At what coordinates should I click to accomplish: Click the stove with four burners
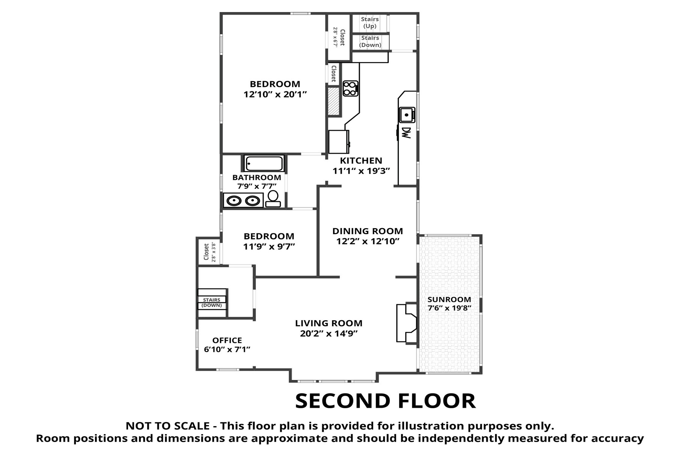coord(350,89)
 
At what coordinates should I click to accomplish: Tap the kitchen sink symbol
coord(407,115)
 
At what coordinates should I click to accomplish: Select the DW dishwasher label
coord(406,132)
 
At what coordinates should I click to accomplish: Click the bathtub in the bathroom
coord(264,163)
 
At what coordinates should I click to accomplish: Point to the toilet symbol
coord(273,199)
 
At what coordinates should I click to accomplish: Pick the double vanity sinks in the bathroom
coord(243,200)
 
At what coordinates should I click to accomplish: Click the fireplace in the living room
coord(407,323)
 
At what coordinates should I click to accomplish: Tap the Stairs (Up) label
coord(370,23)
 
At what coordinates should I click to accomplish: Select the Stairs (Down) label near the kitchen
coord(370,41)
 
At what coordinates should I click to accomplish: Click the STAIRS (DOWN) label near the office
coord(212,303)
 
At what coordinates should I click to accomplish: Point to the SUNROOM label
coord(449,300)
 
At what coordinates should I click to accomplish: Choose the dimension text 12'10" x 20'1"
coord(275,94)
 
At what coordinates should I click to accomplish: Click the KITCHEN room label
coord(361,160)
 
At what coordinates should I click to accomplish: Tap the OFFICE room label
coord(227,341)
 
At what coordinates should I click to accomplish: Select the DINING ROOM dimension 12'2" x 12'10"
coord(368,241)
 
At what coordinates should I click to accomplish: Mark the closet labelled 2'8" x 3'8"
coord(208,252)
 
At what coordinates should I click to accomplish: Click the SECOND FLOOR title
coord(385,401)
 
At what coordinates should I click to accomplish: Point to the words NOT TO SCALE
coord(167,426)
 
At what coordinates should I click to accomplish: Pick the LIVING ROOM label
coord(329,323)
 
